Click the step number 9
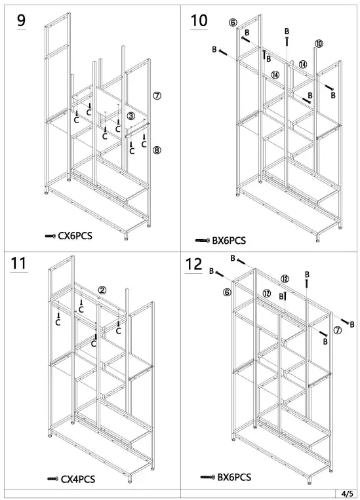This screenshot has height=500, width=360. coord(22,20)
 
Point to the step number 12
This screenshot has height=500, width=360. coord(194,264)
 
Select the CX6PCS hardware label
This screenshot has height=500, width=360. coord(75,235)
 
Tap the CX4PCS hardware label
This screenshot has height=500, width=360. coord(78,479)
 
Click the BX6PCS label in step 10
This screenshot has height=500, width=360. coord(229,240)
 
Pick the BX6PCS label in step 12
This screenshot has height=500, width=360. coord(233,478)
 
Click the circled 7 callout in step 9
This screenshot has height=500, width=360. coord(157,95)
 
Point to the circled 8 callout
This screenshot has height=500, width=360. coord(157,150)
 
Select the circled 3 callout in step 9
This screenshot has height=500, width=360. coord(131,116)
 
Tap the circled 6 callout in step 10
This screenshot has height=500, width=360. coord(232,22)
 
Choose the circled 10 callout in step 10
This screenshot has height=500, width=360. coord(318,44)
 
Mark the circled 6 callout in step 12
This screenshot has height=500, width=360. coord(227,292)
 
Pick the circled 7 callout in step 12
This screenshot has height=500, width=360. coord(337,330)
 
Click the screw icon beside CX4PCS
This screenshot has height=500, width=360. coord(52,480)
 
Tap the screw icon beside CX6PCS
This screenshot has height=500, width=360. coord(50,235)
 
